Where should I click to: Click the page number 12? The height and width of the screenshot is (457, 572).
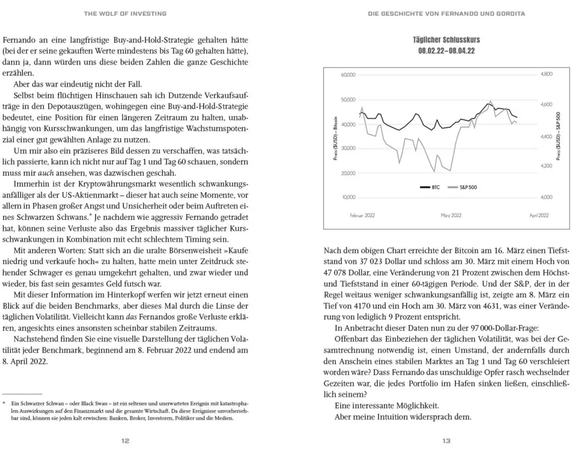tap(125, 440)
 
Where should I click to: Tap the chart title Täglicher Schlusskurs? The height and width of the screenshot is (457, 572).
tap(446, 40)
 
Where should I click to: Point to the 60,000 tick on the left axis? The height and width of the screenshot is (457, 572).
tap(348, 75)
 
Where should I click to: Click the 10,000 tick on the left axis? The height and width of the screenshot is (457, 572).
tap(348, 197)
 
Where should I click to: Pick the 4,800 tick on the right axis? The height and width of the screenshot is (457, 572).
tap(546, 75)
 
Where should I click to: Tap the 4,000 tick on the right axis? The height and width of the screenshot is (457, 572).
tap(546, 197)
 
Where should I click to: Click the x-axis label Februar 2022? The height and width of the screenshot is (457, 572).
tap(362, 215)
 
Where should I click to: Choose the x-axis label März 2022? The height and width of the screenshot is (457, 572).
tap(451, 215)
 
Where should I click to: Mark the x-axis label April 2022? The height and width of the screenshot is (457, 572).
tap(539, 215)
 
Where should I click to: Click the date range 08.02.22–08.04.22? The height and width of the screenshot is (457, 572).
tap(446, 51)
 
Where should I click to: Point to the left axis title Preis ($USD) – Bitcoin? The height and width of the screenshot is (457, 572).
tap(336, 136)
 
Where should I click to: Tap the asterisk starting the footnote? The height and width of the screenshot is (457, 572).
tap(4, 403)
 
